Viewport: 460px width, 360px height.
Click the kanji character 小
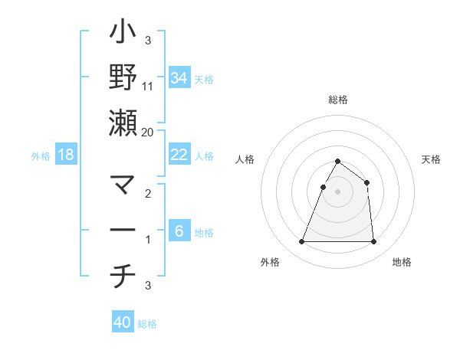click(123, 35)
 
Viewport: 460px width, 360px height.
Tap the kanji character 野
click(123, 78)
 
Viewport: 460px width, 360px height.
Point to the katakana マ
click(123, 186)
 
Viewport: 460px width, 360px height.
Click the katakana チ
click(123, 277)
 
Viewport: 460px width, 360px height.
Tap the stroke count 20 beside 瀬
click(148, 132)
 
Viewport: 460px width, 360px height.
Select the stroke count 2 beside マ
click(148, 195)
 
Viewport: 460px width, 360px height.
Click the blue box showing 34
click(179, 77)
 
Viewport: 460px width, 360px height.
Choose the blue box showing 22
click(179, 155)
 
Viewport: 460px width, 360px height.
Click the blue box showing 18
click(66, 155)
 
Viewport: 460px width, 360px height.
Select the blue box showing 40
click(123, 322)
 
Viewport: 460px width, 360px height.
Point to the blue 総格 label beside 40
click(147, 324)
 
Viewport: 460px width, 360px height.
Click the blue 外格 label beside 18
click(41, 156)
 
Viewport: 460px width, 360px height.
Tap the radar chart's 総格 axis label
click(337, 100)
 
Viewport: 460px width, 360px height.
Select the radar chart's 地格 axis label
click(402, 263)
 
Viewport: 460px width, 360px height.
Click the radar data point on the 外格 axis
click(301, 242)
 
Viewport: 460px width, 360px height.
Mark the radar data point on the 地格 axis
click(374, 242)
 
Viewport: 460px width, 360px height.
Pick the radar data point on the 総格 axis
click(337, 162)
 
